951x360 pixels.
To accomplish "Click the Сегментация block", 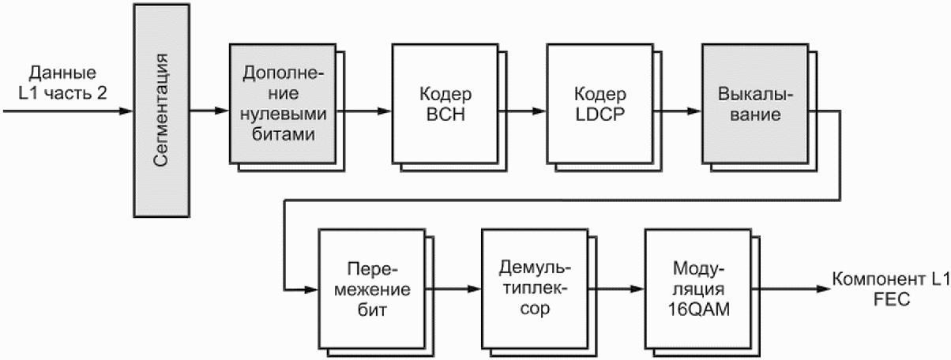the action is click(x=162, y=111).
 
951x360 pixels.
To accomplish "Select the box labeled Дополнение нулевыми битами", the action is click(x=284, y=103).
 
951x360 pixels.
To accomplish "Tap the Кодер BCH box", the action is click(x=445, y=103).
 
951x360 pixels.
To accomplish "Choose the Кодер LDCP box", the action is click(x=600, y=103).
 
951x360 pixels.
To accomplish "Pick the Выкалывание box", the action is click(x=755, y=103).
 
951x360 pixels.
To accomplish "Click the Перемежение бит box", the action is click(x=372, y=289).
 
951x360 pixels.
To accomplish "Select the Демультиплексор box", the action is click(x=535, y=289).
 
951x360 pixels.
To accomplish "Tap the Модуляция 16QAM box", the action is click(x=698, y=289).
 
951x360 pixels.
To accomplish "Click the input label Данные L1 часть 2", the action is click(x=63, y=83).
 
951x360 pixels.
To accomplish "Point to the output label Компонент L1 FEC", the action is click(x=891, y=289).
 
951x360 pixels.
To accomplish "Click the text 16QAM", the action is click(x=699, y=309).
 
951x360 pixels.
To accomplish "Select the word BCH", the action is click(x=445, y=114).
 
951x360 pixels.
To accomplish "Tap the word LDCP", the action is click(x=600, y=114).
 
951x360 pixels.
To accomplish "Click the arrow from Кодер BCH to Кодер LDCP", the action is click(x=523, y=111).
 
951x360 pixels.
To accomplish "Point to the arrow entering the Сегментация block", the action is click(x=68, y=111).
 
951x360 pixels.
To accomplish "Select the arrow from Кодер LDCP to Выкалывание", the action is click(x=678, y=111).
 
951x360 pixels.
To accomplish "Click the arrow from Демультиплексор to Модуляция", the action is click(x=616, y=289).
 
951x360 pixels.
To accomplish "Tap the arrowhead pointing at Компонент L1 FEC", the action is click(x=824, y=289).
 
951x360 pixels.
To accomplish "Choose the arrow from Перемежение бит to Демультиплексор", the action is click(x=453, y=289).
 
